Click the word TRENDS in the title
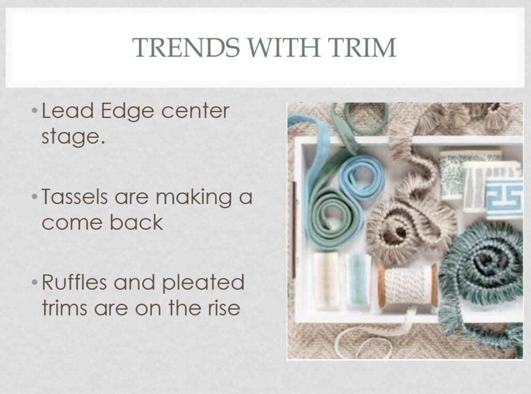186,47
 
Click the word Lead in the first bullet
67,111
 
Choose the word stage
73,137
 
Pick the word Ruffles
74,283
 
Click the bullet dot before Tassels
34,196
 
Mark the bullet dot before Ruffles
34,283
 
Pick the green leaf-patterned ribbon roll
454,175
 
